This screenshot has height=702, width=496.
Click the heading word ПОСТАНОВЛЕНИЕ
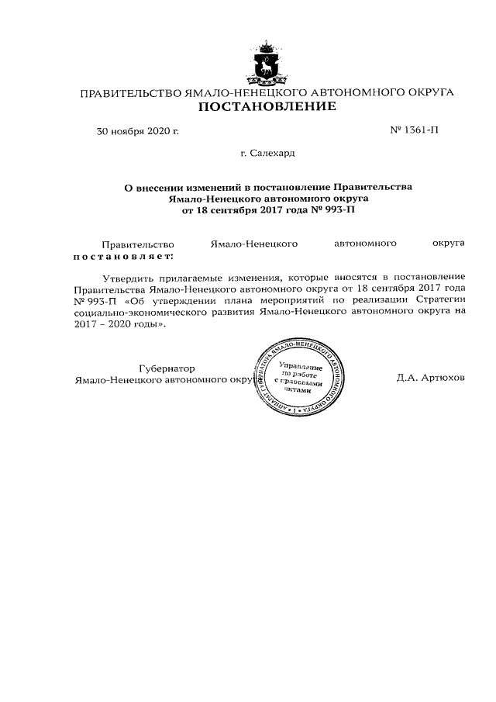coord(267,106)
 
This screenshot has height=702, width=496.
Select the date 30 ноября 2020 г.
coord(137,131)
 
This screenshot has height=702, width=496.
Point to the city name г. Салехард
coord(267,154)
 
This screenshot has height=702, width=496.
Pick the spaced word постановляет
coord(123,254)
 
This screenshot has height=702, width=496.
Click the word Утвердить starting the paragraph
coord(129,277)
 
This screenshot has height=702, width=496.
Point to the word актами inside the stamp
coord(298,390)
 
